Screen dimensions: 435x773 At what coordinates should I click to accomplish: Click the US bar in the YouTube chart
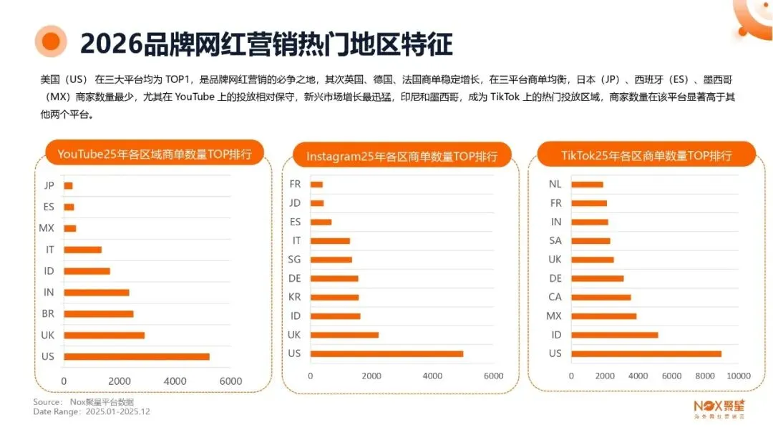[136, 356]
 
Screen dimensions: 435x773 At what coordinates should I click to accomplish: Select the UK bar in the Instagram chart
[344, 335]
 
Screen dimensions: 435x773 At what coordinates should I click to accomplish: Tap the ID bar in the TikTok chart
[614, 335]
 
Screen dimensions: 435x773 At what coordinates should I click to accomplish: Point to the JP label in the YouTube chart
[49, 185]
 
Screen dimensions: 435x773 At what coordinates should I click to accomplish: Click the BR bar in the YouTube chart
[98, 313]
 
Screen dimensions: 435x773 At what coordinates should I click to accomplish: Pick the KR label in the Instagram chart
[294, 297]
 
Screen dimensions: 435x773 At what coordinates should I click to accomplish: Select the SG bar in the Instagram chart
[331, 260]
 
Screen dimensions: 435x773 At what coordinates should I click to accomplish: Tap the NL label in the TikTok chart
[555, 184]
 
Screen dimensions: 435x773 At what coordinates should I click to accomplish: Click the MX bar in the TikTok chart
[603, 316]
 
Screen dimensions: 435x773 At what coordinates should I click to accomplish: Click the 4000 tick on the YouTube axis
[175, 381]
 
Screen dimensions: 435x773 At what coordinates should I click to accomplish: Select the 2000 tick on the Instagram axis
[371, 376]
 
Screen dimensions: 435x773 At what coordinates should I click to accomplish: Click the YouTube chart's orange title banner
[155, 154]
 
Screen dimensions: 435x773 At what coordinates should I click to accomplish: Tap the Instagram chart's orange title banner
[402, 156]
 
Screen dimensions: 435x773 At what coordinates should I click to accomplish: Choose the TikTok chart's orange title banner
[646, 155]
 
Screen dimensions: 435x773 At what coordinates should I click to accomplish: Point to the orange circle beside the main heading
[51, 42]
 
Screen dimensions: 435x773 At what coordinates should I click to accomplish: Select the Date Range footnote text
[92, 411]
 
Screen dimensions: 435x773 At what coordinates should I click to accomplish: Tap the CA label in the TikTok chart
[555, 297]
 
